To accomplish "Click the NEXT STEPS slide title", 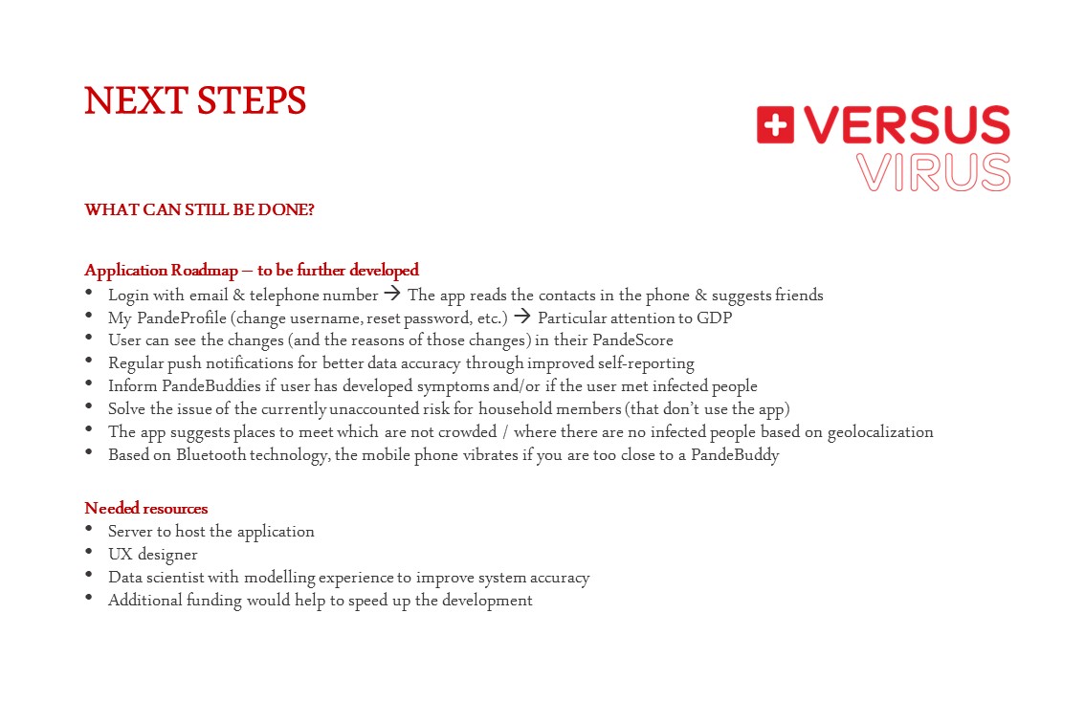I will pos(195,100).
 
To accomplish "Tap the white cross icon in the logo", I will pos(775,125).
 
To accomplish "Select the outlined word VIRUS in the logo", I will pos(933,172).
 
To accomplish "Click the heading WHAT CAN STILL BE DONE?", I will pos(199,209).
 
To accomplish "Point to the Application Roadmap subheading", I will pos(252,270).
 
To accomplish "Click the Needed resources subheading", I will pos(146,508).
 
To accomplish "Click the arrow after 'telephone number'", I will pos(392,294).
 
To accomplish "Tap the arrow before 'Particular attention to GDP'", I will pos(522,317).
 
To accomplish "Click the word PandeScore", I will pos(632,340).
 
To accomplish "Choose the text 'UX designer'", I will pos(153,555).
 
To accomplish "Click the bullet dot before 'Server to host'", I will pos(89,529).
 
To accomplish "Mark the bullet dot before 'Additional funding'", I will pos(89,599).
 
